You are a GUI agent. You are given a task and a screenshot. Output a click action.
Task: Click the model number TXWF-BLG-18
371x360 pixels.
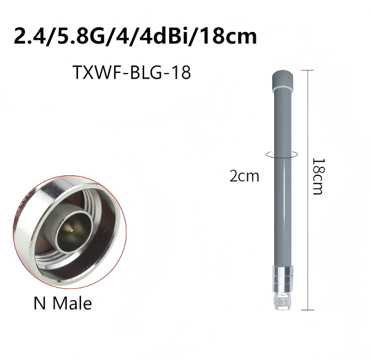[132, 72]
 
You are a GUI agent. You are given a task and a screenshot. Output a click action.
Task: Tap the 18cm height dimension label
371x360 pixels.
[317, 177]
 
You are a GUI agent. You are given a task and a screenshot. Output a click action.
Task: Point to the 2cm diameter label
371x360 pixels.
[245, 177]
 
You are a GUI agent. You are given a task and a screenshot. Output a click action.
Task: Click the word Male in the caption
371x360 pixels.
[72, 303]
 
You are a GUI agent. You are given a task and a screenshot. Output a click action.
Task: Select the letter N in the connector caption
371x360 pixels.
[39, 303]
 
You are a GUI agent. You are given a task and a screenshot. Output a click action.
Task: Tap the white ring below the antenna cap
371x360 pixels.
[283, 89]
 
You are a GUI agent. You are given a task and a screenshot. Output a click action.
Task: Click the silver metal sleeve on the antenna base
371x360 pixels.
[283, 279]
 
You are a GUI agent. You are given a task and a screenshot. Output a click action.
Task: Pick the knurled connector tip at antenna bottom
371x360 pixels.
[283, 301]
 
